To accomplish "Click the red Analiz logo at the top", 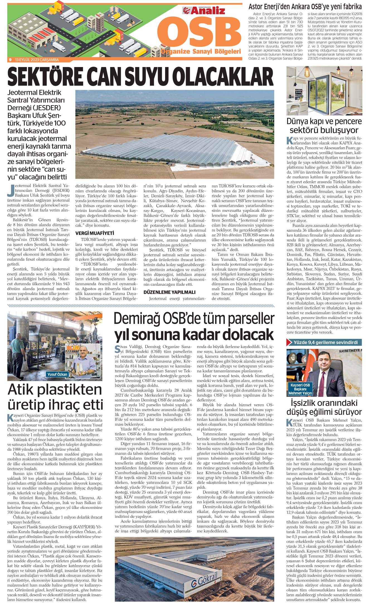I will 204,11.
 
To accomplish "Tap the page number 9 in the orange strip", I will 10,59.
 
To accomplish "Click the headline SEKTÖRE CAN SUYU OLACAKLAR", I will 140,77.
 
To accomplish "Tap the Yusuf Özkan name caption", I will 57,374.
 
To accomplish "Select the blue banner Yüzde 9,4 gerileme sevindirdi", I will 325,342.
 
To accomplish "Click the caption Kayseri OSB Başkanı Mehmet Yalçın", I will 300,389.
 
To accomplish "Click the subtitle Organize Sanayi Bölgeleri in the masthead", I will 201,51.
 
